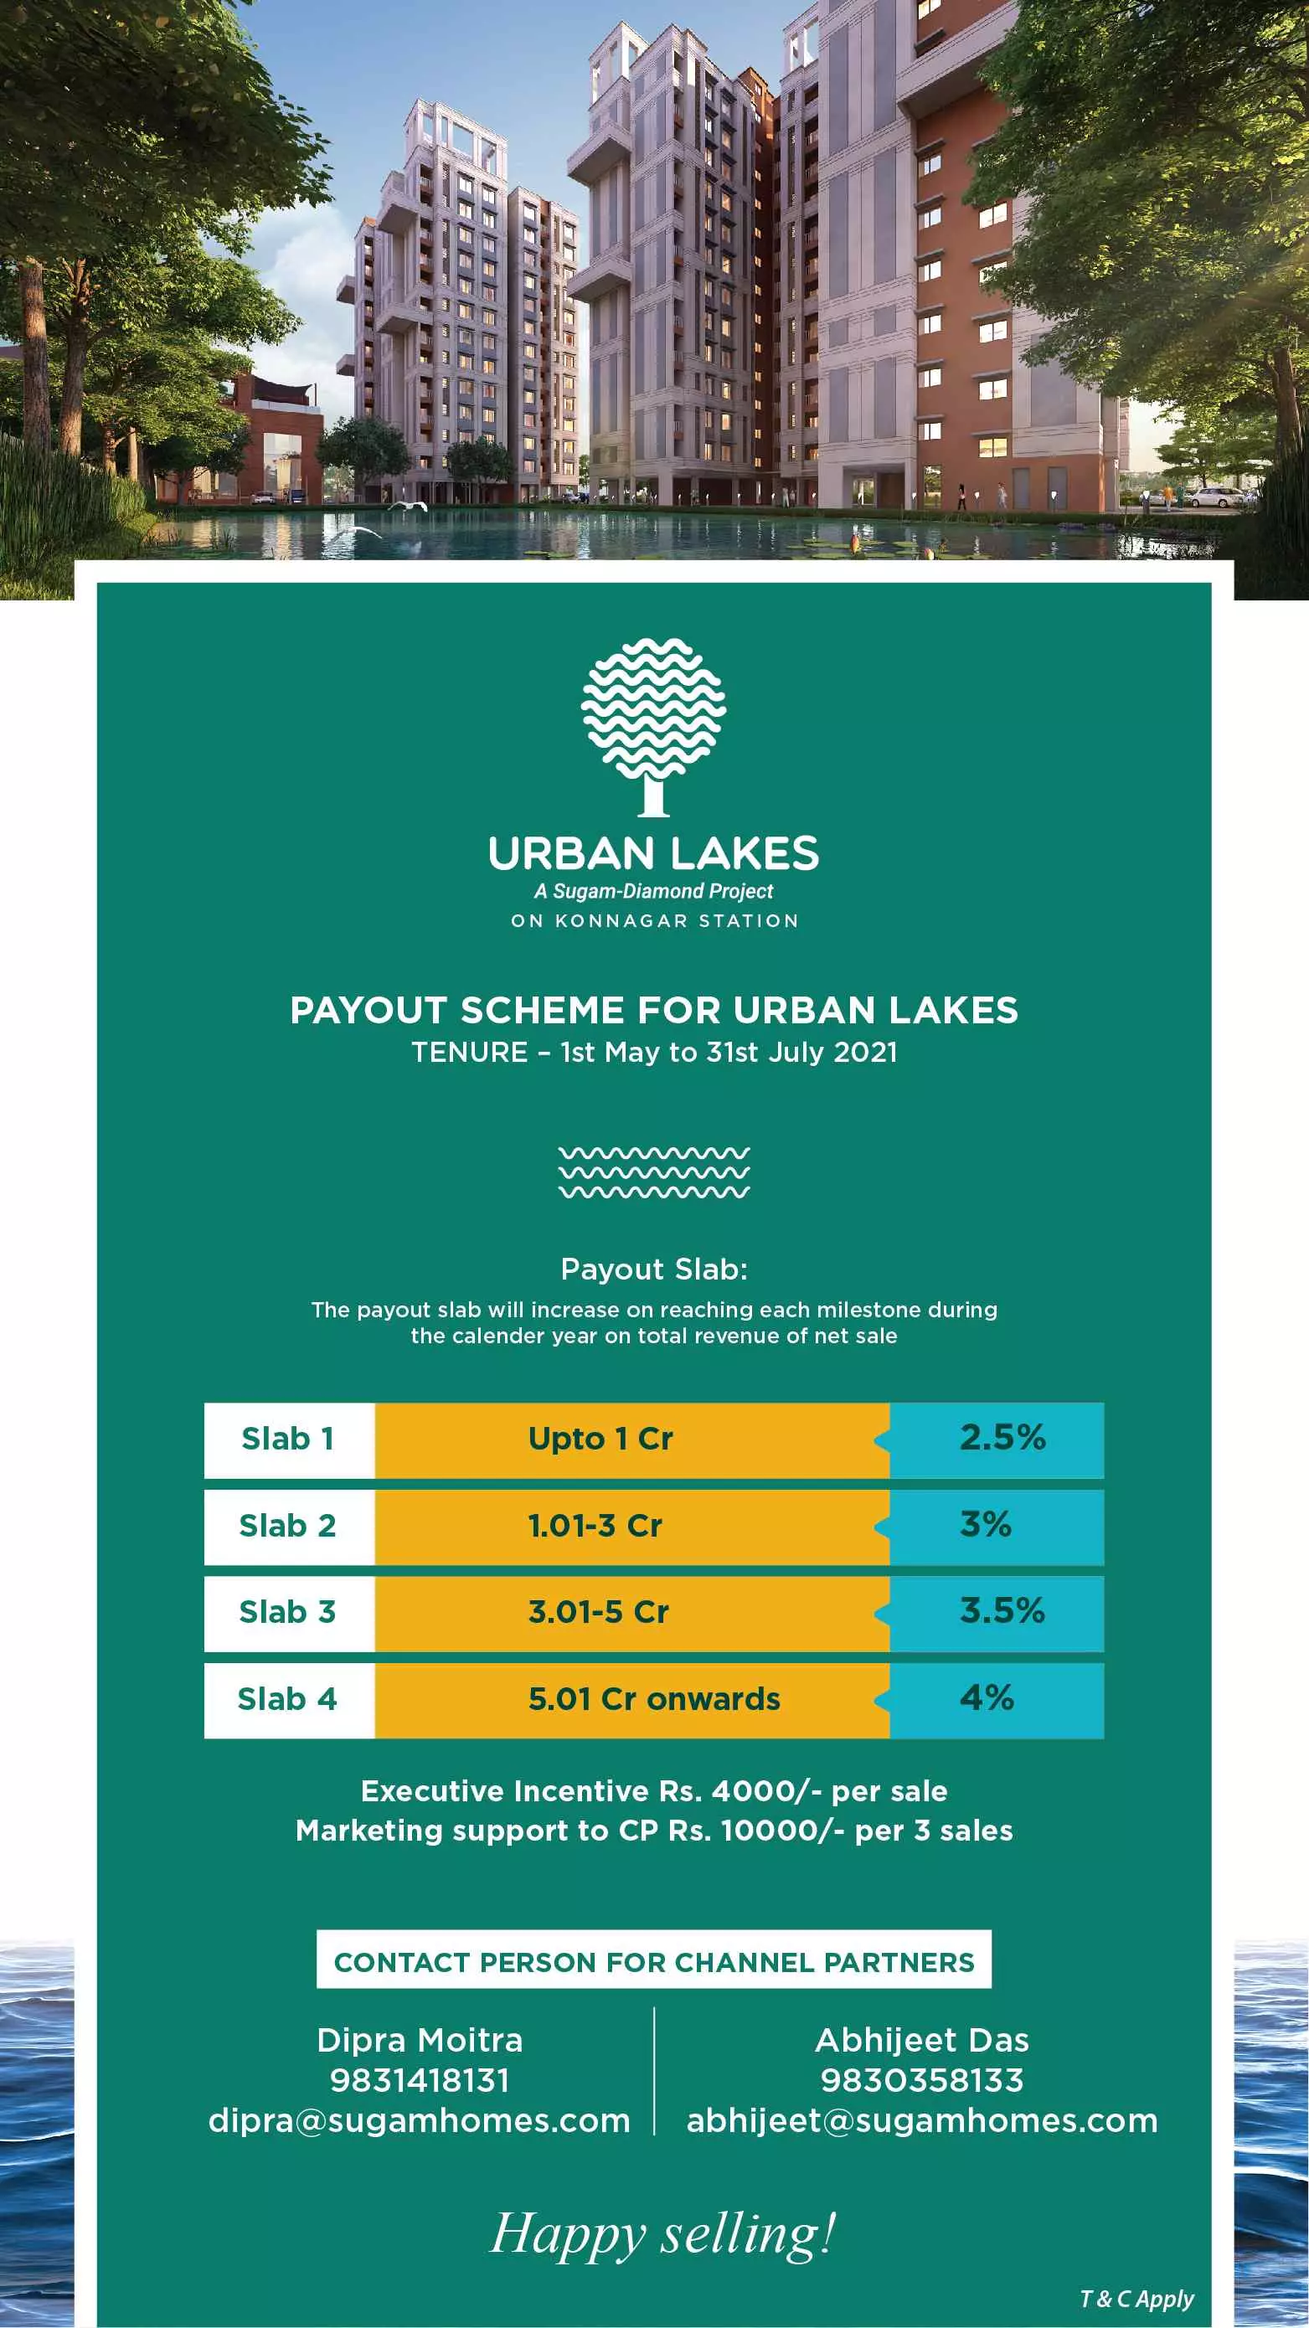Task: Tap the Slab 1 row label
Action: pyautogui.click(x=288, y=1439)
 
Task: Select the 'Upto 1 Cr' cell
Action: pyautogui.click(x=601, y=1439)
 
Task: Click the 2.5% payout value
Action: pyautogui.click(x=1002, y=1437)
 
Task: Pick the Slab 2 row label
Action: pyautogui.click(x=287, y=1526)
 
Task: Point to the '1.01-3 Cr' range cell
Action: pyautogui.click(x=595, y=1526)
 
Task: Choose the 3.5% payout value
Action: pyautogui.click(x=1002, y=1610)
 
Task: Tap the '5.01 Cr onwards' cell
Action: pyautogui.click(x=653, y=1699)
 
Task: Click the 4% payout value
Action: pyautogui.click(x=987, y=1697)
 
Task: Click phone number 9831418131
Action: pyautogui.click(x=420, y=2080)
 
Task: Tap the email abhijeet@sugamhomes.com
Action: pyautogui.click(x=922, y=2120)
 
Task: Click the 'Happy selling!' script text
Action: pyautogui.click(x=662, y=2234)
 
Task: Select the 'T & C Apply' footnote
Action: pyautogui.click(x=1136, y=2298)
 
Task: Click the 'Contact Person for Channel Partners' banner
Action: pyautogui.click(x=653, y=1962)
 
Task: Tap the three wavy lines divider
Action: pyautogui.click(x=653, y=1172)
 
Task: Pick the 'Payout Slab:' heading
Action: pyautogui.click(x=653, y=1269)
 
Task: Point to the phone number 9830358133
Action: pyautogui.click(x=922, y=2080)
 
